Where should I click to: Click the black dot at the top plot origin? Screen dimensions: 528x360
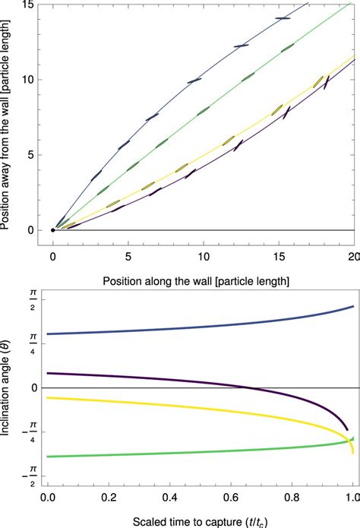point(52,229)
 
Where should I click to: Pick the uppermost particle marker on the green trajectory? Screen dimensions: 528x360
point(287,48)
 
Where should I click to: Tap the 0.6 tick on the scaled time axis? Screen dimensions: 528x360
point(230,498)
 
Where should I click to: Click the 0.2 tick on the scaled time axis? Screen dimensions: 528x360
point(109,498)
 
